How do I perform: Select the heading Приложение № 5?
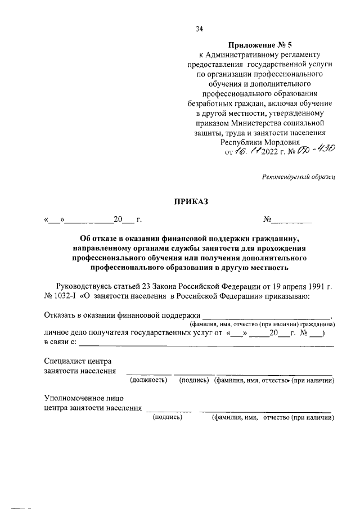tap(260, 44)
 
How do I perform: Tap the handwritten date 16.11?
tap(246, 151)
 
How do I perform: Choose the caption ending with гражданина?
tap(262, 325)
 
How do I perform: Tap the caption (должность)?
tap(149, 381)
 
